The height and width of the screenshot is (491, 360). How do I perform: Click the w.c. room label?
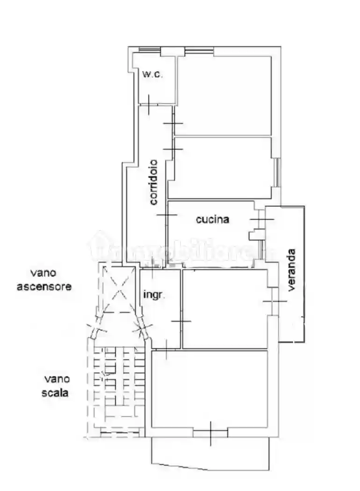click(152, 74)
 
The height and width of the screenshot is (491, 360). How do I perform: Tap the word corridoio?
click(154, 182)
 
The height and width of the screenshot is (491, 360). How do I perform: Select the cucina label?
click(213, 219)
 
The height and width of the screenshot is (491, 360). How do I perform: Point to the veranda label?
click(291, 270)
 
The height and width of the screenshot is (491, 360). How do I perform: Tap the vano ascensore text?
click(44, 280)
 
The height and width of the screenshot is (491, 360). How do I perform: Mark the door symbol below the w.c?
click(148, 104)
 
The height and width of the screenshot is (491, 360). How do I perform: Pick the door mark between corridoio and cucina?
click(167, 215)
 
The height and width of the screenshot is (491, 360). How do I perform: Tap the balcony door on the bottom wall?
click(211, 433)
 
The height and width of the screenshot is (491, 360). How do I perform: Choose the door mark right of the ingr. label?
click(181, 321)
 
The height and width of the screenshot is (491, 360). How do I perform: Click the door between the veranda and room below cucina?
click(274, 301)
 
